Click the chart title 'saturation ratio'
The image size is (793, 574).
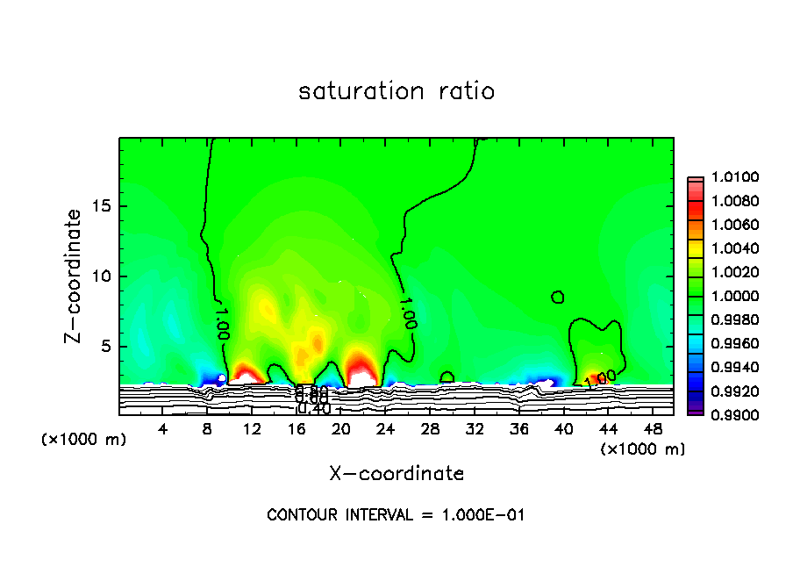(x=396, y=91)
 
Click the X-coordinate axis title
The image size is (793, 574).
(x=396, y=474)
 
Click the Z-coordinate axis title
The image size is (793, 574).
(x=74, y=276)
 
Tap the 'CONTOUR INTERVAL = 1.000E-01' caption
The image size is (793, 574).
(x=396, y=515)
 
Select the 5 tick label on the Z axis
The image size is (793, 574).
(x=105, y=347)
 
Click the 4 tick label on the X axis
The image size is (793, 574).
(x=163, y=429)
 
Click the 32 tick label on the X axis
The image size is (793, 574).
(x=475, y=429)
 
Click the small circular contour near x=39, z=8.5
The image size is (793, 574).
(x=558, y=298)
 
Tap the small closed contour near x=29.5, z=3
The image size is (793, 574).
(x=447, y=377)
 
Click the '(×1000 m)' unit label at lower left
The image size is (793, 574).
(x=84, y=440)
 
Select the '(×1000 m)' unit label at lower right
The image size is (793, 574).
(x=643, y=449)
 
